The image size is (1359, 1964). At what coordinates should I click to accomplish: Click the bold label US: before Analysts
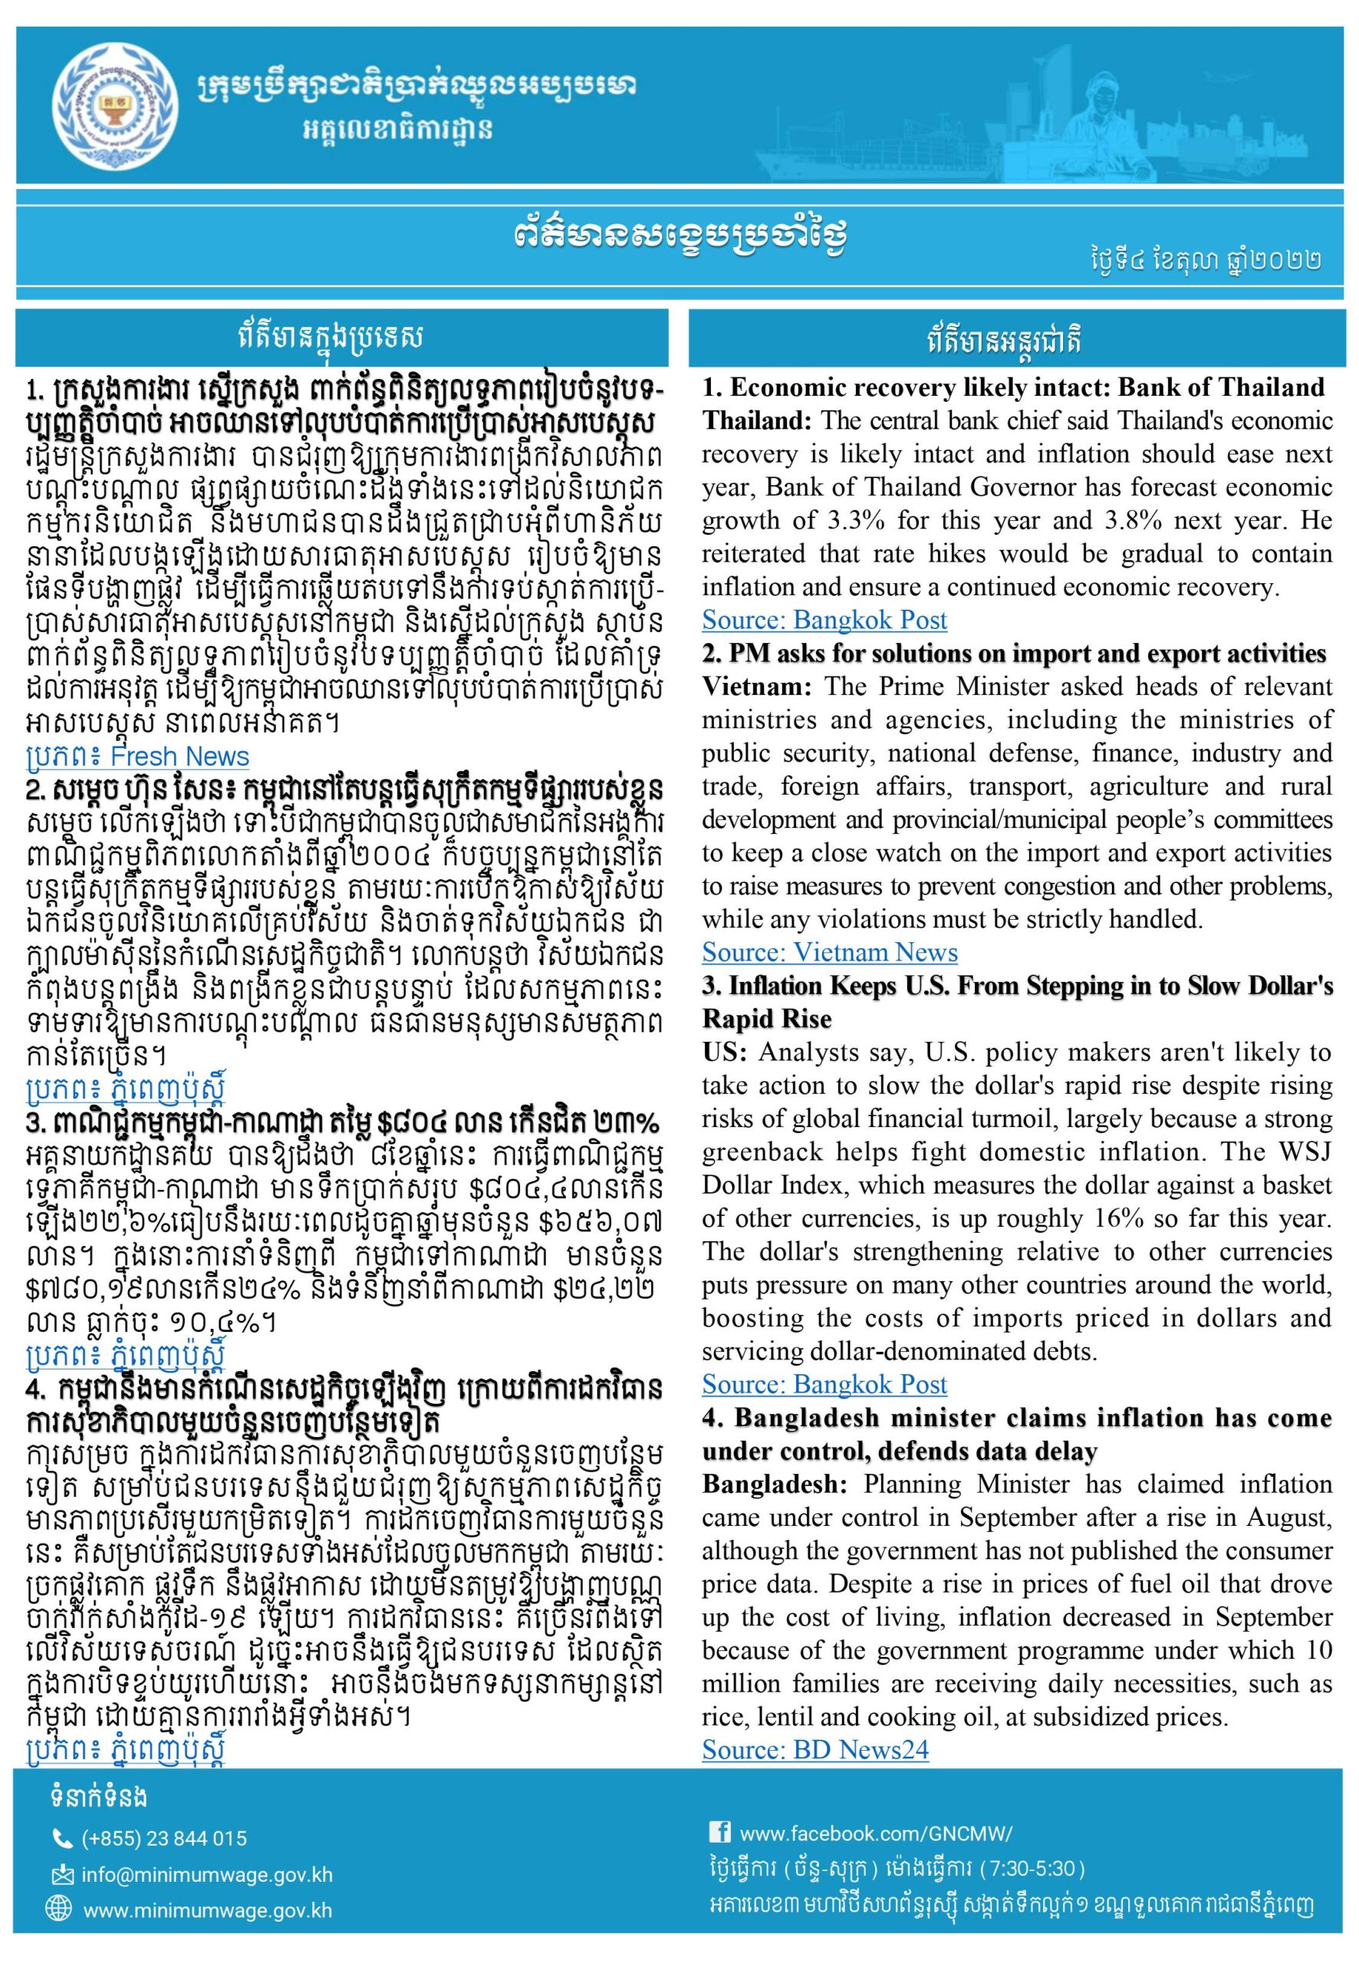[x=725, y=1052]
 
